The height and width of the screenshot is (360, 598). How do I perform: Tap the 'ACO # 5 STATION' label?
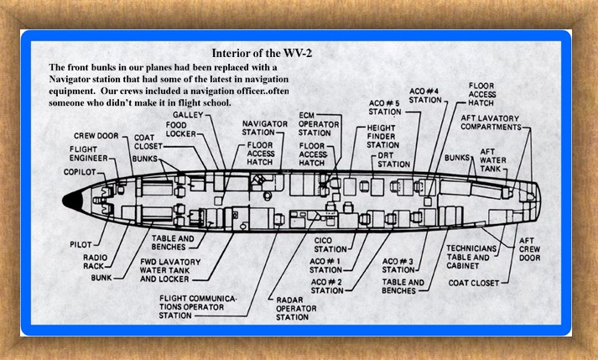pos(385,107)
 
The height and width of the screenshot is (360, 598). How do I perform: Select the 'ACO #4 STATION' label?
pos(425,94)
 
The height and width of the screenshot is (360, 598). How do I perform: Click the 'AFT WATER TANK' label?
pos(492,159)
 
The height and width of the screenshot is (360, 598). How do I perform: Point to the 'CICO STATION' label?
pos(330,244)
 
